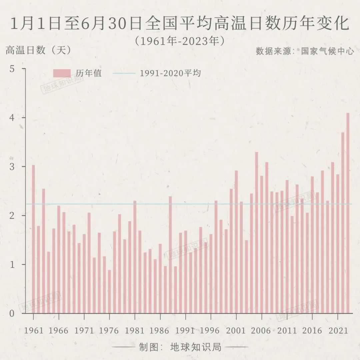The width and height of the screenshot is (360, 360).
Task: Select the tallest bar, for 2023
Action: point(348,213)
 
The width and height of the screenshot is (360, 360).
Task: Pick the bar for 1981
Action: point(135,257)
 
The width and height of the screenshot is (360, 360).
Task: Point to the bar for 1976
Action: point(109,292)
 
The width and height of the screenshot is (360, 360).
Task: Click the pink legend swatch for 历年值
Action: point(62,73)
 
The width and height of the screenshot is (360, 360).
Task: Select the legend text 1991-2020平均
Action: point(170,73)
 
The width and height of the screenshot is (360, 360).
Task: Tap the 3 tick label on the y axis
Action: point(13,167)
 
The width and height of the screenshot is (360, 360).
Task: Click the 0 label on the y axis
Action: point(13,313)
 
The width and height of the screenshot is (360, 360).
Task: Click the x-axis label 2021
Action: point(337,330)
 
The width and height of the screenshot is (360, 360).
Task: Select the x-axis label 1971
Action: point(84,330)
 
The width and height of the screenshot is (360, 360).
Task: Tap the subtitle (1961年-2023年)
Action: point(180,41)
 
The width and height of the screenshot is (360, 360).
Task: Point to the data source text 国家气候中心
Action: point(327,51)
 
